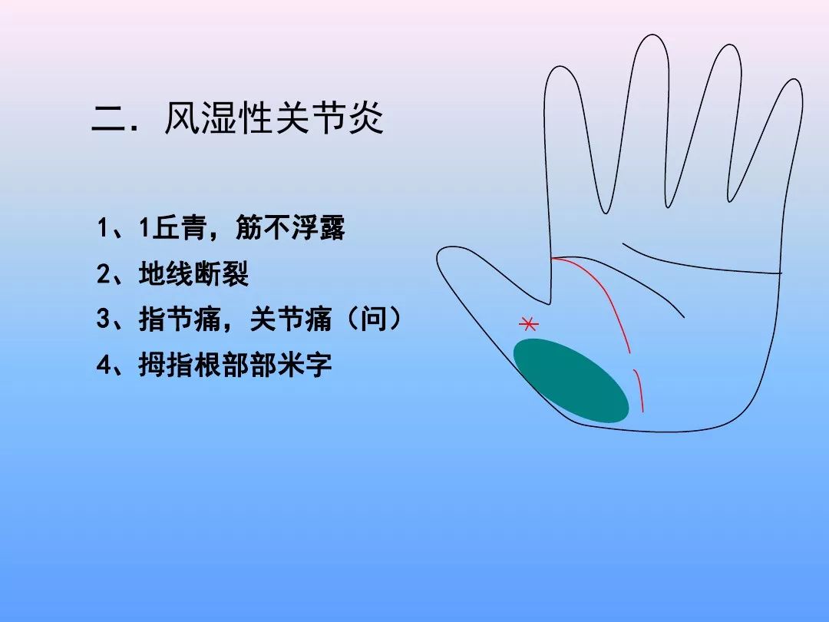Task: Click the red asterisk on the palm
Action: pos(528,324)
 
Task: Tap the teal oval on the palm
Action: pos(570,381)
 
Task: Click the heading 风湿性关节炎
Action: pos(274,121)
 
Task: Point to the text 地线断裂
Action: pos(194,274)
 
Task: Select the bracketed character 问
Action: pos(381,319)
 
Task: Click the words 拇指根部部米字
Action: pos(235,365)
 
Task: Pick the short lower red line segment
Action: pos(639,390)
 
